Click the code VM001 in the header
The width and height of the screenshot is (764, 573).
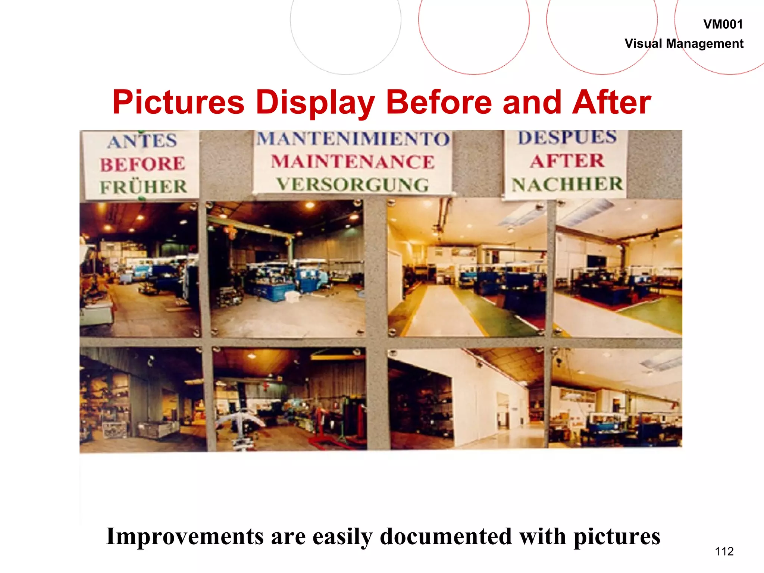coord(723,25)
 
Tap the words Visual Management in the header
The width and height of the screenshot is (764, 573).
coord(684,44)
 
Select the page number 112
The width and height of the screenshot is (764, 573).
coord(724,551)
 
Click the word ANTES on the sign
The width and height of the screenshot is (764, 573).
coord(142,141)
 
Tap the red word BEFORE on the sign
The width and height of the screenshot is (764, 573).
coord(143,164)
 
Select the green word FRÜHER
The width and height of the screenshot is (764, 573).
coord(143,187)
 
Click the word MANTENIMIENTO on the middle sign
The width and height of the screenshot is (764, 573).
coord(353,139)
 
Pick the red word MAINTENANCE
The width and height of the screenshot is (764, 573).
coord(353,162)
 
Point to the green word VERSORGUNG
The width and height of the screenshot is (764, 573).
coord(353,185)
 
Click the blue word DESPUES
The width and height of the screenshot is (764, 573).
coord(567,137)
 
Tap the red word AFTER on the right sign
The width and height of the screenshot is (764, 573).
coord(567,161)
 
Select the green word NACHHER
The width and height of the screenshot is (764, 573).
coord(567,184)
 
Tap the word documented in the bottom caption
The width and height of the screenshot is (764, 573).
coord(446,536)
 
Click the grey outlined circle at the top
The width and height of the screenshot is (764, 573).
coord(345,22)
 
